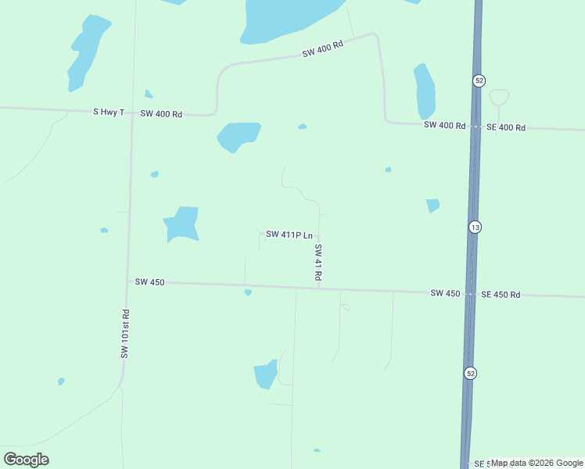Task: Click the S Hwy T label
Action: (x=109, y=113)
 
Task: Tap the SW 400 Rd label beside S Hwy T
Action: (x=161, y=114)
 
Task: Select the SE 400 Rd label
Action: (x=506, y=127)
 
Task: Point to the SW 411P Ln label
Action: (x=289, y=234)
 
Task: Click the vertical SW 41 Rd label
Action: (x=318, y=263)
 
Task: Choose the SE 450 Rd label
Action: (x=501, y=295)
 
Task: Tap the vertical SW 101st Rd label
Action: (x=124, y=334)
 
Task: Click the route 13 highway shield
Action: (x=475, y=227)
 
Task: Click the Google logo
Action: (x=27, y=459)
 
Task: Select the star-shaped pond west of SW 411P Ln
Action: (x=182, y=223)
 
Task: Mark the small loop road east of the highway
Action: (x=499, y=97)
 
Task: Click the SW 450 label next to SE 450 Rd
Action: (x=445, y=293)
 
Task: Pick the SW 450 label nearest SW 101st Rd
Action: (x=149, y=281)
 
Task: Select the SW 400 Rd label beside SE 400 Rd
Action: (x=444, y=125)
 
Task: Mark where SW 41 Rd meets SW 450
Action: (x=318, y=288)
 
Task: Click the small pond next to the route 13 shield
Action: (x=432, y=206)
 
